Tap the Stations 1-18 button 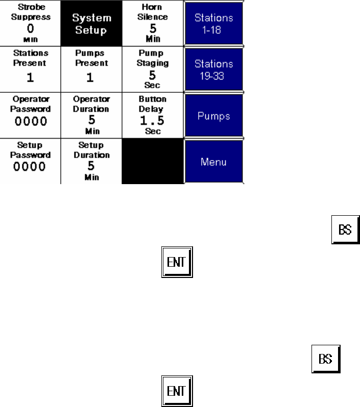pos(214,23)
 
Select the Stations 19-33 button pos(214,69)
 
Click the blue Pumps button pos(214,116)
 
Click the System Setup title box pos(91,23)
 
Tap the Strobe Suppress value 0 pos(30,29)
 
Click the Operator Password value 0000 pos(30,121)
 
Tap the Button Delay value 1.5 pos(153,121)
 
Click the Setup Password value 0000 pos(30,167)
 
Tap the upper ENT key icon pos(177,263)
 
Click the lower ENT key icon pos(177,391)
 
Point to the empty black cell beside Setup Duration pos(153,162)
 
